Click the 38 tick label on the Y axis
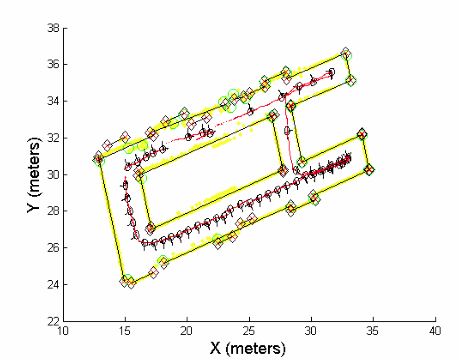[53, 29]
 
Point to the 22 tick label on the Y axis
[53, 321]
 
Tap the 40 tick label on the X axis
[435, 331]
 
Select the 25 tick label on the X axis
[249, 331]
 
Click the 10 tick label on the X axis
[63, 331]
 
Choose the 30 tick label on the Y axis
[53, 175]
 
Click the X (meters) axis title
[248, 348]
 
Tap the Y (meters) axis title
[34, 175]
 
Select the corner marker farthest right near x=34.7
[369, 170]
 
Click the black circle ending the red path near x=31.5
[331, 72]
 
